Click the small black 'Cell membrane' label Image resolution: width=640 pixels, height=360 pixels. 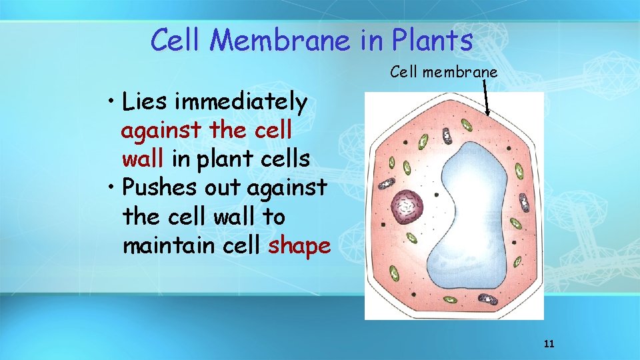point(443,72)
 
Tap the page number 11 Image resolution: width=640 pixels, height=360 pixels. point(549,344)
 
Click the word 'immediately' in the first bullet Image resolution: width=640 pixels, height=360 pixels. point(241,103)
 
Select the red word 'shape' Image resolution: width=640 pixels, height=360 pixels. point(299,246)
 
